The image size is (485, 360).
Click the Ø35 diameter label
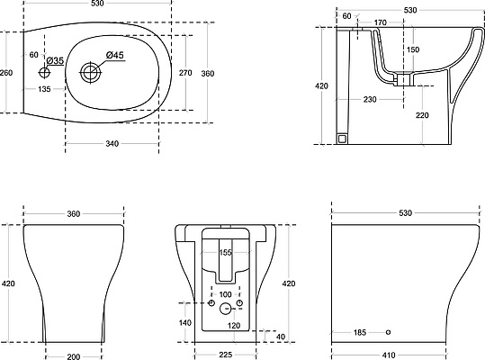tap(56, 60)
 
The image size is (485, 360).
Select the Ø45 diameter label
tap(115, 55)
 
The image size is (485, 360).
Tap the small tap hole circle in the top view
tap(44, 72)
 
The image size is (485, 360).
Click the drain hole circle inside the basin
tap(91, 72)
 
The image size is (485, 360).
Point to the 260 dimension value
tap(6, 73)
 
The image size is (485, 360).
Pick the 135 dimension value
tap(44, 89)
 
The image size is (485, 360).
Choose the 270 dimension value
tap(185, 73)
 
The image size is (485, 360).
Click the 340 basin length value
tap(112, 143)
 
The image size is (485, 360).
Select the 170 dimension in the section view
tap(380, 22)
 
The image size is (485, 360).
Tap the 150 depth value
tap(413, 49)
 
